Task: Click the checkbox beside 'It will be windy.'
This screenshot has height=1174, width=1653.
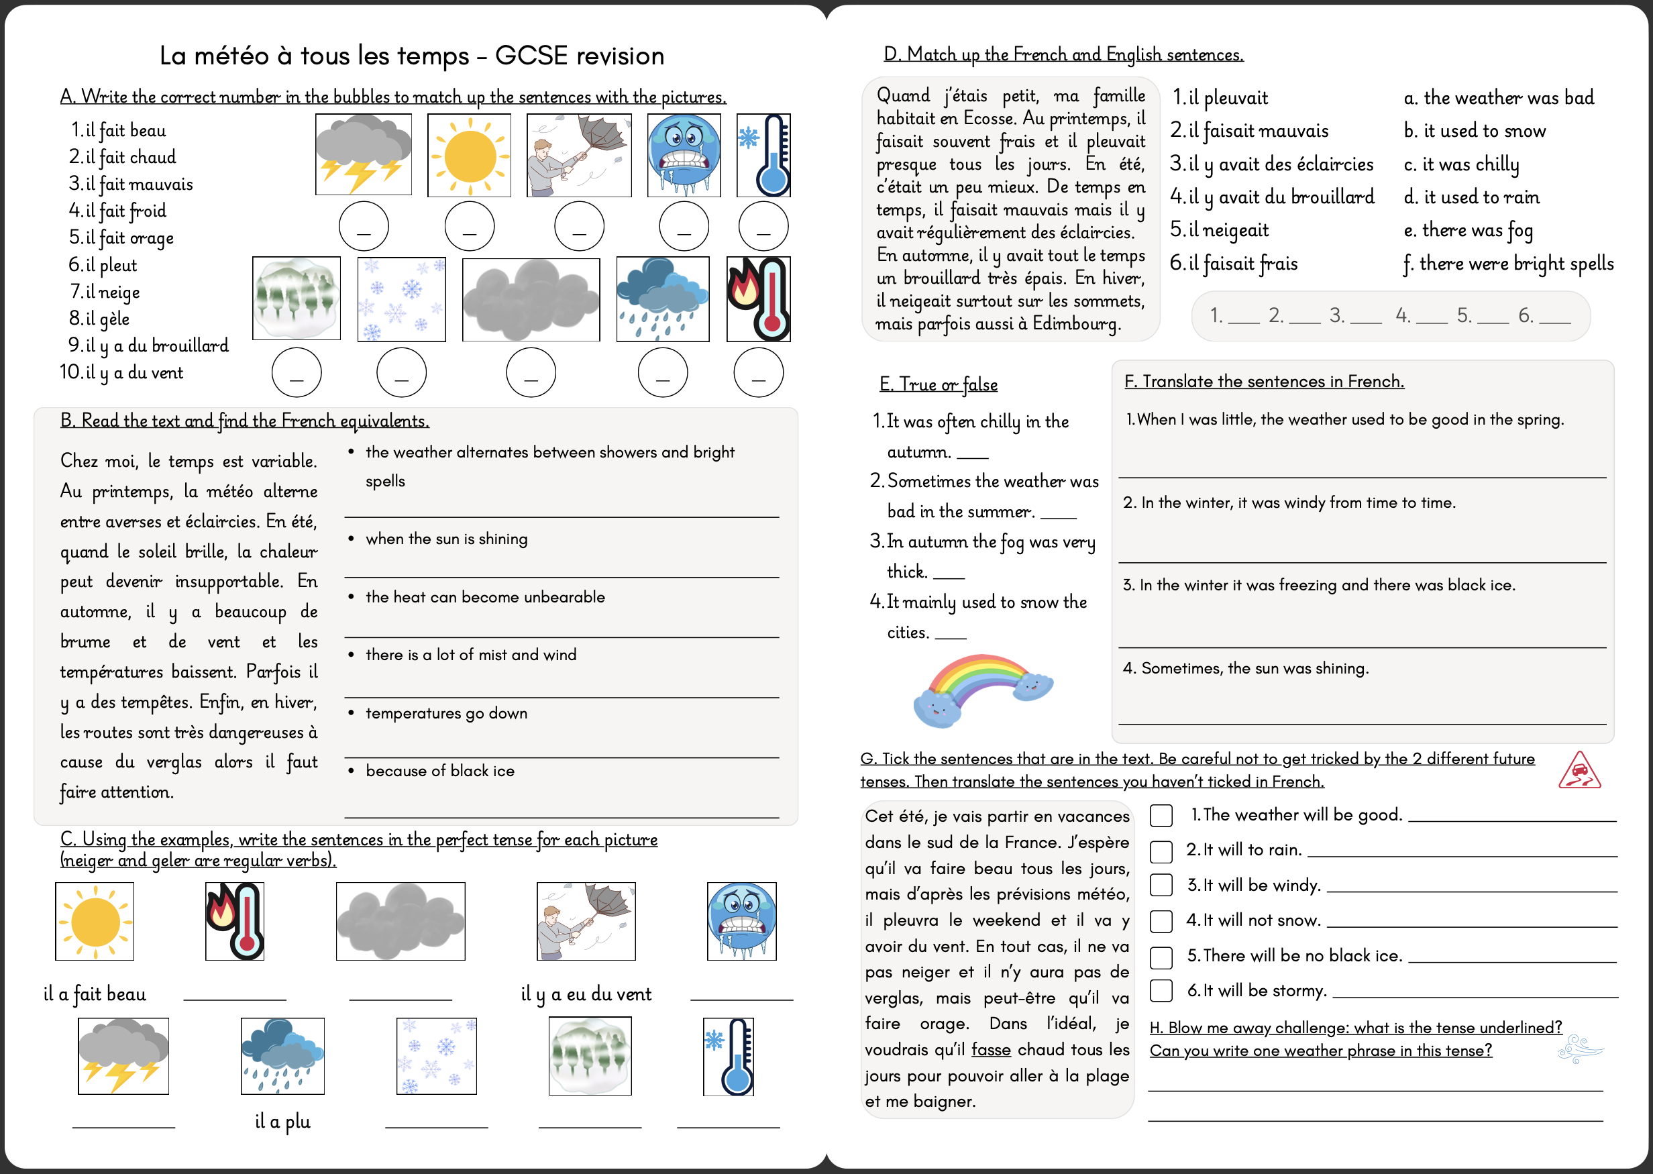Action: pyautogui.click(x=1161, y=885)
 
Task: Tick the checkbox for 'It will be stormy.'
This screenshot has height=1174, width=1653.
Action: pyautogui.click(x=1161, y=990)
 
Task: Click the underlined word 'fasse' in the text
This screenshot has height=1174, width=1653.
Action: pyautogui.click(x=990, y=1049)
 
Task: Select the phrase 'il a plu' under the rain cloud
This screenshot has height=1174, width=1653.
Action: pyautogui.click(x=282, y=1121)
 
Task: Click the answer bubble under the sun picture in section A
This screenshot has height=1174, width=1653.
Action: pyautogui.click(x=469, y=226)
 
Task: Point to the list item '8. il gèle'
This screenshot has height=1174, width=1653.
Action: pyautogui.click(x=100, y=319)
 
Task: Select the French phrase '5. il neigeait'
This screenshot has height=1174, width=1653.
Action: pyautogui.click(x=1220, y=231)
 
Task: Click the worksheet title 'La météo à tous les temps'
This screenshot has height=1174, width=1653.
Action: pyautogui.click(x=411, y=56)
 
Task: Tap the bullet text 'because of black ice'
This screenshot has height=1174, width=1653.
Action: pyautogui.click(x=439, y=771)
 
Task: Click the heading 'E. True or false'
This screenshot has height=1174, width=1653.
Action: pyautogui.click(x=938, y=384)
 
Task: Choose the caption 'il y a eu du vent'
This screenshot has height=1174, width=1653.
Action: pyautogui.click(x=586, y=994)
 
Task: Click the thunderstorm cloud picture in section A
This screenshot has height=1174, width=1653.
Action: pyautogui.click(x=363, y=155)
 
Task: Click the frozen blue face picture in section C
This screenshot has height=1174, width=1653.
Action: pyautogui.click(x=741, y=920)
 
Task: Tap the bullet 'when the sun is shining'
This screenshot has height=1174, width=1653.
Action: pyautogui.click(x=446, y=539)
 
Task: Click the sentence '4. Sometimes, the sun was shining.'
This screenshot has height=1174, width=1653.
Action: pyautogui.click(x=1245, y=668)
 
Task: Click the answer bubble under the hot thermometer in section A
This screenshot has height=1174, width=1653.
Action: pyautogui.click(x=757, y=373)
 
